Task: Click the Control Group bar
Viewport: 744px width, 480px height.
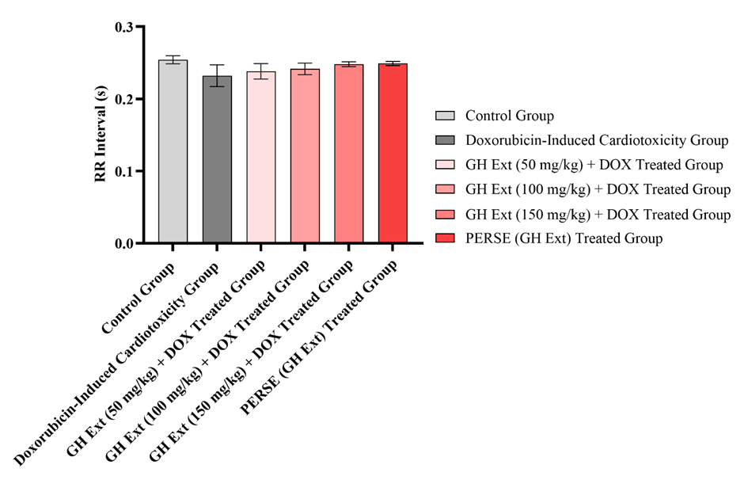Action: click(x=173, y=152)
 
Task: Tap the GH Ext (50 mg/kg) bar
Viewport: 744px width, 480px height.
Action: click(x=261, y=158)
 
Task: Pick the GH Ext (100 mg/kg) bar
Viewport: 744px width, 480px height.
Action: click(x=305, y=156)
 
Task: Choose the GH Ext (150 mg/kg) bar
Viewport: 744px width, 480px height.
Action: click(x=349, y=154)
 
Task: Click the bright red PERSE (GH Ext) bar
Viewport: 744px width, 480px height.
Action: click(x=393, y=154)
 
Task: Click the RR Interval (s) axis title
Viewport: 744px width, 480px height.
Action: click(x=101, y=135)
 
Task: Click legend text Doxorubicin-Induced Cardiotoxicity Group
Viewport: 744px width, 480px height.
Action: click(x=596, y=141)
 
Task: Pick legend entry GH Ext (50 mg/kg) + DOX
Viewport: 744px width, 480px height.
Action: click(x=594, y=166)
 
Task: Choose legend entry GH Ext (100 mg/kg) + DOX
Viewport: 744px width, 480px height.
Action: click(x=598, y=189)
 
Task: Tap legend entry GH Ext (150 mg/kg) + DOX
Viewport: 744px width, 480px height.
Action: click(x=598, y=214)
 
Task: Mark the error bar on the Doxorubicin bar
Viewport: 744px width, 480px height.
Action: click(x=217, y=75)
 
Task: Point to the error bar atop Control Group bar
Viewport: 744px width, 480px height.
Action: click(x=173, y=59)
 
